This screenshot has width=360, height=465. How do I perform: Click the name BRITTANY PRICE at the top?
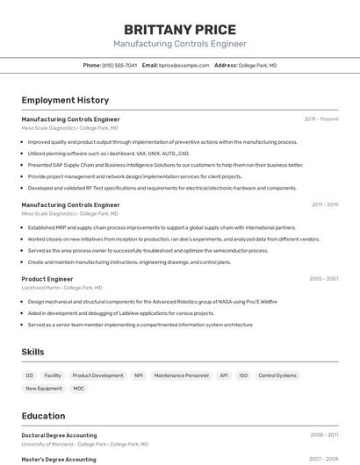179,29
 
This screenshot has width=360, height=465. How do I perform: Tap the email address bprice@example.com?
184,65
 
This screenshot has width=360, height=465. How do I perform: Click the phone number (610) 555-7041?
120,65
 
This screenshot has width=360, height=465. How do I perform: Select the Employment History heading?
65,100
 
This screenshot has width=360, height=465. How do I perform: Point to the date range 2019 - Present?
321,119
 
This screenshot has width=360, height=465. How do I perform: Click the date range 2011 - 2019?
325,204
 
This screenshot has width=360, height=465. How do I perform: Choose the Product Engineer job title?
47,279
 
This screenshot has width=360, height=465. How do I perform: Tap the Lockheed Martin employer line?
61,288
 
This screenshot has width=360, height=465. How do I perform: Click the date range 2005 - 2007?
323,279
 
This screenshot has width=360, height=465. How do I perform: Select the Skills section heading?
33,352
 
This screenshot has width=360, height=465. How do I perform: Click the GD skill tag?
30,376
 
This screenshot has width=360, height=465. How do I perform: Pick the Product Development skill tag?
97,376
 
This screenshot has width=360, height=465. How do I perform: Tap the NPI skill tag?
139,376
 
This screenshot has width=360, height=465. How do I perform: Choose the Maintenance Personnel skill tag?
182,376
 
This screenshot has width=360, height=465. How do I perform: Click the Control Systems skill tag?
277,376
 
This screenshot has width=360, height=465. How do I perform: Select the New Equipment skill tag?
44,389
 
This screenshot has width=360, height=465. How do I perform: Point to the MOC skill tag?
79,389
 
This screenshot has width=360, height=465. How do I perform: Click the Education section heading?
43,416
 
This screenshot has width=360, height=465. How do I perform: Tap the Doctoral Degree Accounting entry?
59,435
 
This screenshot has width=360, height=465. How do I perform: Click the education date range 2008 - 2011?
324,435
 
